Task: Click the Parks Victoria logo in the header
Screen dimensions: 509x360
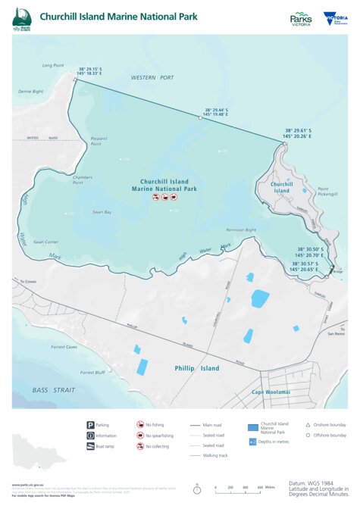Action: point(301,18)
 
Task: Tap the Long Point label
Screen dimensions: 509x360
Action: point(52,65)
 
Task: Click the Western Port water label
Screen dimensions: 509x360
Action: point(152,77)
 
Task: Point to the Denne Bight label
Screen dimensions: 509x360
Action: point(31,91)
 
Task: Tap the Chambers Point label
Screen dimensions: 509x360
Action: point(83,180)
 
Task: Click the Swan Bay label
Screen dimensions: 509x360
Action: point(102,212)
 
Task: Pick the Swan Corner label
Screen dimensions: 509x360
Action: point(45,242)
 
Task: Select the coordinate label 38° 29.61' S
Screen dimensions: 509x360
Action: point(299,130)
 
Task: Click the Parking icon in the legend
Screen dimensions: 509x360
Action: point(91,425)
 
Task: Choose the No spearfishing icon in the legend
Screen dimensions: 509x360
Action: point(140,436)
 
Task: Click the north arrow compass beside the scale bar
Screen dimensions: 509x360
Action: point(196,489)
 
